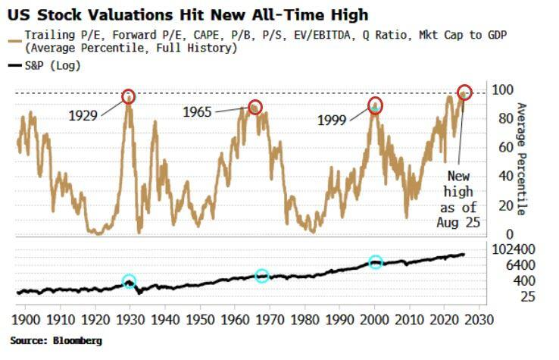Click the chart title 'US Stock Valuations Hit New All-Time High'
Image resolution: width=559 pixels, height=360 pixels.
(x=189, y=14)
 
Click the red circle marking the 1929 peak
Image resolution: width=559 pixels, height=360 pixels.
(x=129, y=96)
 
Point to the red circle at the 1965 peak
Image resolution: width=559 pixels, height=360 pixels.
(x=255, y=107)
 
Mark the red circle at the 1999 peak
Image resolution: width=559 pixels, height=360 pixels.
(x=376, y=105)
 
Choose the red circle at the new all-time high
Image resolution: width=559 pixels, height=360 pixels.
(x=464, y=92)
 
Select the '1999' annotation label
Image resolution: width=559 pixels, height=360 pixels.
(x=333, y=120)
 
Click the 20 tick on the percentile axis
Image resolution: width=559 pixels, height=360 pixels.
(x=501, y=205)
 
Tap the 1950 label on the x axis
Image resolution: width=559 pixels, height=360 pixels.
(x=198, y=320)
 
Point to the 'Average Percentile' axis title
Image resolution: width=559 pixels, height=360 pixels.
(x=521, y=159)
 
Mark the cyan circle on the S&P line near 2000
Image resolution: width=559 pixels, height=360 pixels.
(x=376, y=262)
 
